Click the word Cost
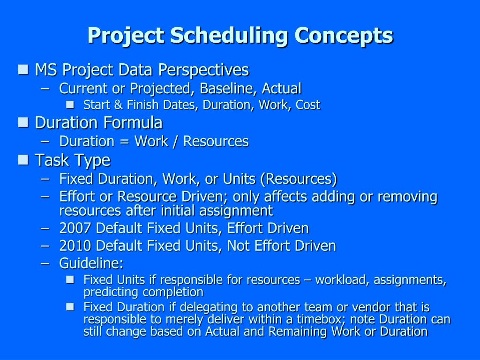(308, 105)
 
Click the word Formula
(133, 123)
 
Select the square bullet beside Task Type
(22, 160)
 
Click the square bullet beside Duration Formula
(22, 123)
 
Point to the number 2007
(75, 228)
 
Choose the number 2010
(75, 246)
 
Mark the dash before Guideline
(45, 263)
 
